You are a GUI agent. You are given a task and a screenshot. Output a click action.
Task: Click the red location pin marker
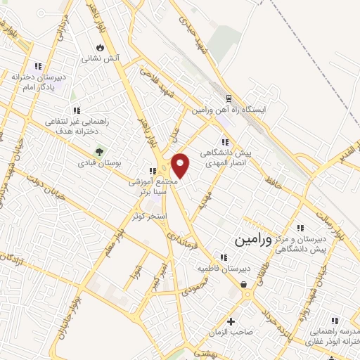181,165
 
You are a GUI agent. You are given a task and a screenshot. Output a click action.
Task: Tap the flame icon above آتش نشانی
100,47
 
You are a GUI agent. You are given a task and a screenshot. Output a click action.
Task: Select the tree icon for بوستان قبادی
99,150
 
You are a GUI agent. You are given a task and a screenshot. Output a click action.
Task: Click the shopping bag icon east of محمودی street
244,285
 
